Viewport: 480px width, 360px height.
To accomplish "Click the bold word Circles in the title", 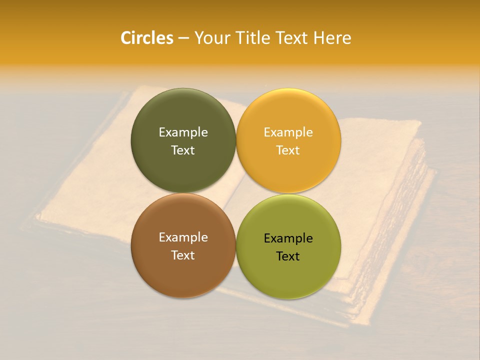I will click(x=146, y=38).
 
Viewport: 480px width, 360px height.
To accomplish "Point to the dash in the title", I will click(x=183, y=38).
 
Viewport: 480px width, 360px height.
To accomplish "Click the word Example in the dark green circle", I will click(x=183, y=132).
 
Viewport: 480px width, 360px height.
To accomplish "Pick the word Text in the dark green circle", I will click(x=183, y=150).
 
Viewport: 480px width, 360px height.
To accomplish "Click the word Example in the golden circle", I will click(x=288, y=132).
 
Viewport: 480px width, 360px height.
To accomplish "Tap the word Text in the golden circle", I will click(x=288, y=150).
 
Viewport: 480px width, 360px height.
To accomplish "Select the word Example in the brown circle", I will click(x=183, y=237).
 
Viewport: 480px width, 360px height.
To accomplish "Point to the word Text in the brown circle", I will click(x=183, y=255).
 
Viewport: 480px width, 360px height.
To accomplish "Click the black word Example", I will click(x=288, y=238).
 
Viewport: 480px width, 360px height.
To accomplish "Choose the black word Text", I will click(x=288, y=256).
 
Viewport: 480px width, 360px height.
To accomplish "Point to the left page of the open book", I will click(x=90, y=190).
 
